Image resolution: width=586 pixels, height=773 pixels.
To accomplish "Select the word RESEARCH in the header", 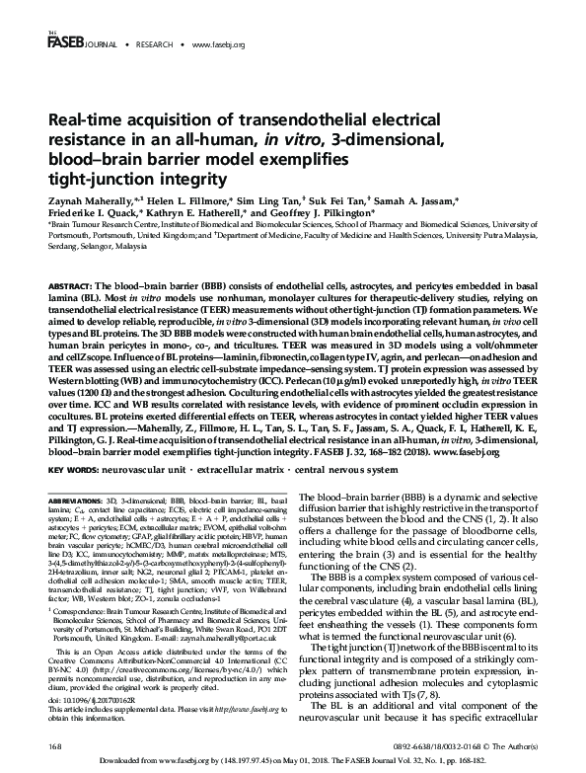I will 152,44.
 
